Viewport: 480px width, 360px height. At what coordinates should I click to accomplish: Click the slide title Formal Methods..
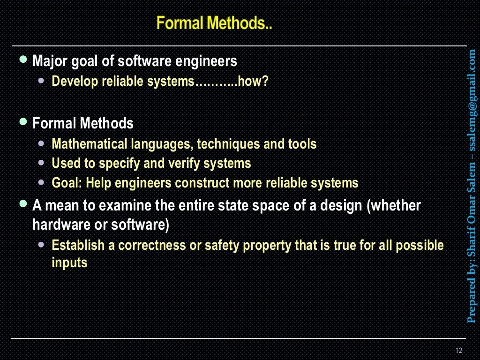[214, 23]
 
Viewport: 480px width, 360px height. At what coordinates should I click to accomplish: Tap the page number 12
[458, 351]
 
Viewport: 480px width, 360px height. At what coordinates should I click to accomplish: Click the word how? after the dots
[253, 82]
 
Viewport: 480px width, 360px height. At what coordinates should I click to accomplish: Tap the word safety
[223, 245]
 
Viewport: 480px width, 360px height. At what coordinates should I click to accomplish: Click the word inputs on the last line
[69, 262]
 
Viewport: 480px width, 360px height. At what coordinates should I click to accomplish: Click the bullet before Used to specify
[42, 163]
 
